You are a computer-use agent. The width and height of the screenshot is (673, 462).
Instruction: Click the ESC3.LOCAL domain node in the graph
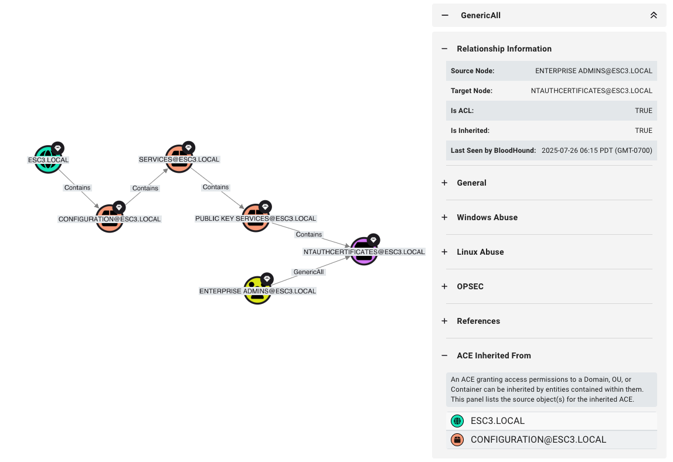(48, 159)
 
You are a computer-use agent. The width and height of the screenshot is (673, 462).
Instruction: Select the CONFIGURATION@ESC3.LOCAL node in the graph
(110, 219)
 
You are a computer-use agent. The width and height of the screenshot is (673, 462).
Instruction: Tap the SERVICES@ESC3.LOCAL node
(179, 159)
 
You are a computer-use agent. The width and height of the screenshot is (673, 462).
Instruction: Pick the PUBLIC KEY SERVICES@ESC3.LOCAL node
(256, 218)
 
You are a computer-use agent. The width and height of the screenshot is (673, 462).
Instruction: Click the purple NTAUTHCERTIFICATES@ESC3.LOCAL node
(364, 251)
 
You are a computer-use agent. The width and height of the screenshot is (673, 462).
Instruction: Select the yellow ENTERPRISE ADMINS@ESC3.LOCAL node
(257, 290)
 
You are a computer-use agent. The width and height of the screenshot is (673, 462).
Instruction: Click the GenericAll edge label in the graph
(308, 272)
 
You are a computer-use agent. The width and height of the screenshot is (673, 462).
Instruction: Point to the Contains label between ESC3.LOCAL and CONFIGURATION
(77, 187)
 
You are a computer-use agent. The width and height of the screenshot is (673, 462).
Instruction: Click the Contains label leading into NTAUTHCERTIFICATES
(309, 234)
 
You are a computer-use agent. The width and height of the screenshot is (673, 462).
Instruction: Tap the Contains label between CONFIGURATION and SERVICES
(145, 188)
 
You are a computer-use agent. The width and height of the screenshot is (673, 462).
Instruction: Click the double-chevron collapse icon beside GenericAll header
(654, 15)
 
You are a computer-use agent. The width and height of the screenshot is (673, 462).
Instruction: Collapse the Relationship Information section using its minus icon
(444, 49)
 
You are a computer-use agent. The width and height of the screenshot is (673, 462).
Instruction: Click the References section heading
(478, 321)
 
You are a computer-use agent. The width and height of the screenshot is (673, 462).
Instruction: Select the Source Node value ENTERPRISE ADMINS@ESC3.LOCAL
(593, 71)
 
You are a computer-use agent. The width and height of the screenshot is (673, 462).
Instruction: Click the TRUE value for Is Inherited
(643, 131)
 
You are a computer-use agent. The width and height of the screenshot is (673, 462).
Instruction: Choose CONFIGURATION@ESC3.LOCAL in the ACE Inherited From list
(538, 440)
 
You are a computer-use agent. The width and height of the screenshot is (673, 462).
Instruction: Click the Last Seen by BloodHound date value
(596, 150)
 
